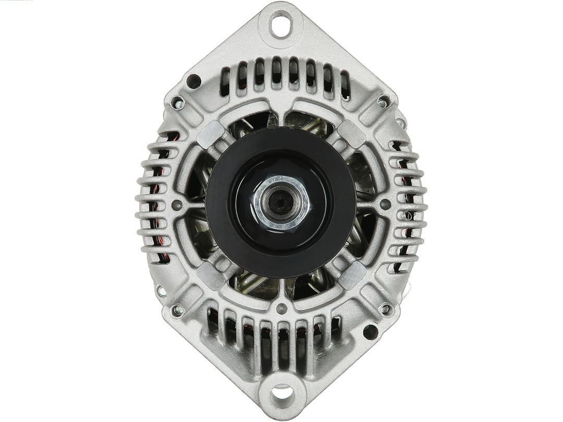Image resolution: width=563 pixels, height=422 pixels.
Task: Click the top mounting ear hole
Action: pos(280,24)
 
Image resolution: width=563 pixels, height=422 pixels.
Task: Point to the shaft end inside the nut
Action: pos(279,201)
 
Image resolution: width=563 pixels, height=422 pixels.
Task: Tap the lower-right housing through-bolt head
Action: pos(386,308)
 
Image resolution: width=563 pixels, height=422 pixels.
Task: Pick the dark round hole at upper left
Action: pos(193,81)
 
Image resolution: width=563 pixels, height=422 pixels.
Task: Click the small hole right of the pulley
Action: pos(386,204)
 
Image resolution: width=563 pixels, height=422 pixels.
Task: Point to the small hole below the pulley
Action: pos(282,307)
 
